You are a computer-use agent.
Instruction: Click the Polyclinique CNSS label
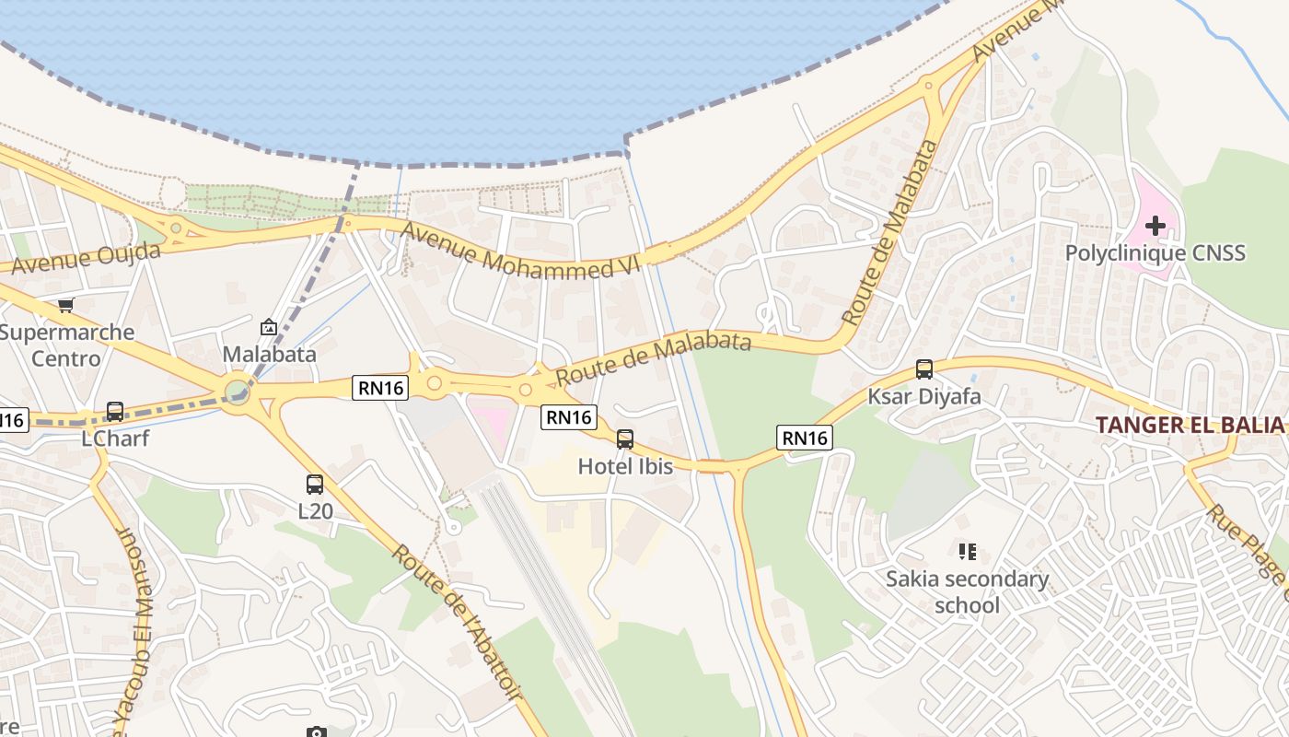1155,252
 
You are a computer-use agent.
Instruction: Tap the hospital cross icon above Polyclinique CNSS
1155,226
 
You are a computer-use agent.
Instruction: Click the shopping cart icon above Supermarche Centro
65,305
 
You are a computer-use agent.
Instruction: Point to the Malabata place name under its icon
269,354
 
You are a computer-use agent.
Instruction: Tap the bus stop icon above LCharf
115,412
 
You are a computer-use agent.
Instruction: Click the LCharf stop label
115,439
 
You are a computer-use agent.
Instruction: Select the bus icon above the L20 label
315,484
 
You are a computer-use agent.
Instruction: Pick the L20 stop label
315,510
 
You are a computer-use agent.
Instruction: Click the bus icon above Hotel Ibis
625,439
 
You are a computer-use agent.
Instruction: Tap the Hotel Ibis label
625,467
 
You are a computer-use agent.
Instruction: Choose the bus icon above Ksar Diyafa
924,369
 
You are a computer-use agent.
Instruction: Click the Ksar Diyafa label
924,397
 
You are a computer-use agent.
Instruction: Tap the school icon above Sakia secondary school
967,552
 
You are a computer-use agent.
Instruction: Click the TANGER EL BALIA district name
1190,425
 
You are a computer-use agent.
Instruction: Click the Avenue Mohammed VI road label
521,252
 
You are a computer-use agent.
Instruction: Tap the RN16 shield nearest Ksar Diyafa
804,438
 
